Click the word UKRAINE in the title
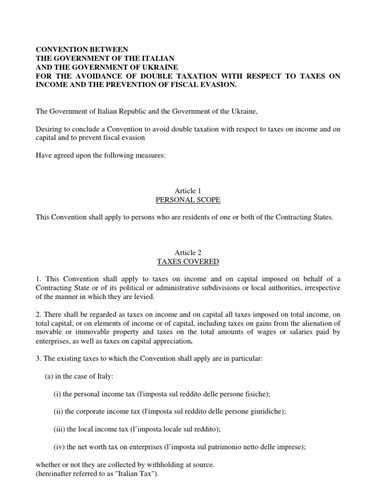pyautogui.click(x=149, y=67)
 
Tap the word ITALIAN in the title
pyautogui.click(x=156, y=58)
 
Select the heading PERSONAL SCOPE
pyautogui.click(x=188, y=199)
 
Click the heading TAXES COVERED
pyautogui.click(x=188, y=262)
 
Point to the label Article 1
pyautogui.click(x=188, y=190)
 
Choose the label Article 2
pyautogui.click(x=188, y=253)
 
